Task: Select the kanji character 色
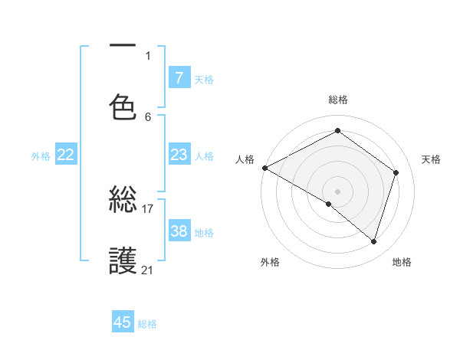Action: coord(123,107)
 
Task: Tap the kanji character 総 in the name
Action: coord(123,201)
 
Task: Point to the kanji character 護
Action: coord(123,261)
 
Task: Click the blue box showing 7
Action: coord(179,77)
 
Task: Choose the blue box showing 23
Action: coord(179,155)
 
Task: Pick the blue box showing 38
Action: coord(179,231)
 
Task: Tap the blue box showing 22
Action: coord(66,155)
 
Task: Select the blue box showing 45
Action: coord(123,322)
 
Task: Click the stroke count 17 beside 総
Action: coord(148,208)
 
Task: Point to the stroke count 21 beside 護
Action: coord(148,270)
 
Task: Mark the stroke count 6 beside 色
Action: coord(148,116)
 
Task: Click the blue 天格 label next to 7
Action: coord(203,79)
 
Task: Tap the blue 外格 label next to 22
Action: coord(41,156)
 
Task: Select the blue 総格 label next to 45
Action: coord(147,324)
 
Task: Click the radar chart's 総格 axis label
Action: coord(338,100)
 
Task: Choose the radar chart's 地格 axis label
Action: coord(402,263)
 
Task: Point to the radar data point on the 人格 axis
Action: coord(264,168)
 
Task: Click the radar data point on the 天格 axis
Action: coord(396,173)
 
